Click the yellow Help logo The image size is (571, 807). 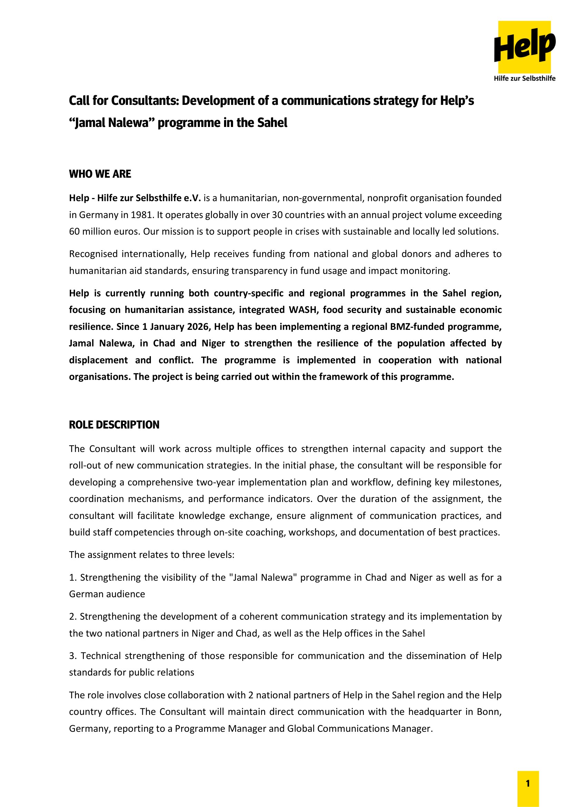click(524, 47)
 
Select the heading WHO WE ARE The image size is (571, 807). click(100, 174)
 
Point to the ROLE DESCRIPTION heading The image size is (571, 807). click(114, 425)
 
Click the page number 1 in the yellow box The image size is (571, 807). click(528, 784)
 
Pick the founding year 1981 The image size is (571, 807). click(141, 215)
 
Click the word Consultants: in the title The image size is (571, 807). click(145, 101)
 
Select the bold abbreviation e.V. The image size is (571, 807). click(192, 198)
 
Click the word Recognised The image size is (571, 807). click(93, 254)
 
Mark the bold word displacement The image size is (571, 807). click(98, 360)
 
